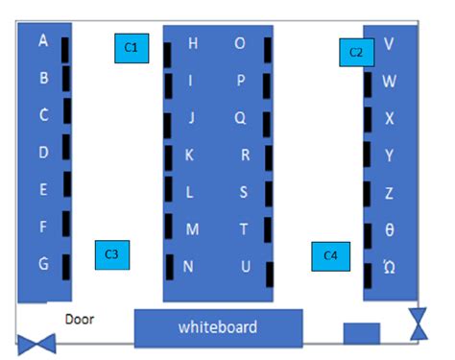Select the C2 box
[355, 52]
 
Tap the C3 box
[111, 254]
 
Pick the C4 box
[330, 255]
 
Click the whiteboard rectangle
[218, 327]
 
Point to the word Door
[80, 319]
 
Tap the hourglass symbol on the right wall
[419, 324]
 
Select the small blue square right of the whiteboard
[362, 332]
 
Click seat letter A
[43, 41]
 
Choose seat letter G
[43, 263]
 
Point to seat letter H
[193, 43]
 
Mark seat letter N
[189, 267]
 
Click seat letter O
[240, 43]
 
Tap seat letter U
[246, 267]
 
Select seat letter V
[389, 44]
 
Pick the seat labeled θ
[389, 230]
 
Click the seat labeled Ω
[389, 267]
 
